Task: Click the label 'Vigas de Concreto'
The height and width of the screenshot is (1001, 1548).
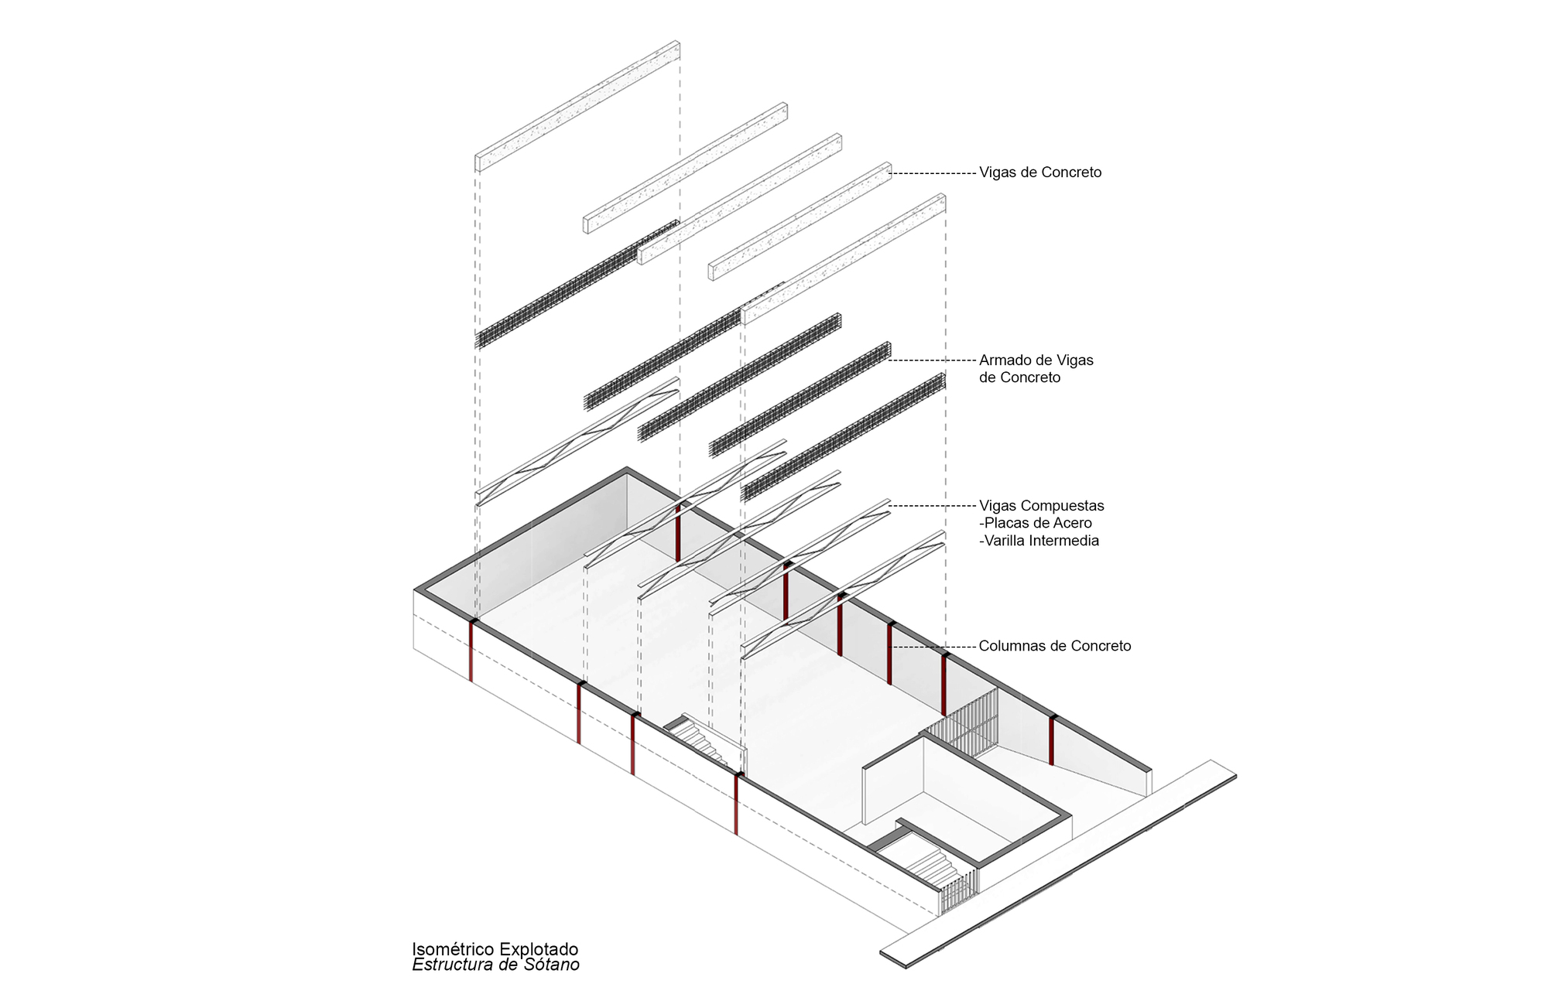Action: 1039,173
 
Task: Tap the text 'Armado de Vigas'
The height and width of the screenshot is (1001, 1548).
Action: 1036,360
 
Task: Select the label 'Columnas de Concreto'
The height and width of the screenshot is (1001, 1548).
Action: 1054,646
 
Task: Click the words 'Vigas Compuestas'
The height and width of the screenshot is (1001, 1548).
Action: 1041,506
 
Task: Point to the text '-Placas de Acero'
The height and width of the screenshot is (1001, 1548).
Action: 1035,523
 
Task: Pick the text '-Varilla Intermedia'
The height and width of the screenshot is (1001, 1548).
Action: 1039,541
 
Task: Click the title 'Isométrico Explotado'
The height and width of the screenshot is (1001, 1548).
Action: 495,949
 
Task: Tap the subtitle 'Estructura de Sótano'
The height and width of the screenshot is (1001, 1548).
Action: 495,965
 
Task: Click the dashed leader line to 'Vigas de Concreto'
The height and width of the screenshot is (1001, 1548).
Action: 933,174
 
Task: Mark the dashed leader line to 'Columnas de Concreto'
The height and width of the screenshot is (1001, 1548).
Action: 933,647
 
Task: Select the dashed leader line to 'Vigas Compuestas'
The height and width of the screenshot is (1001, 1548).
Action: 933,506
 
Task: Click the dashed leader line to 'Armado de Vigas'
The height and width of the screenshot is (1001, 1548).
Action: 933,360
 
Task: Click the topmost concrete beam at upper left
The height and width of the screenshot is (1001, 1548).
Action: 577,106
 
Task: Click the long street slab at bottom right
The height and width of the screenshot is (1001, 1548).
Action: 1060,863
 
